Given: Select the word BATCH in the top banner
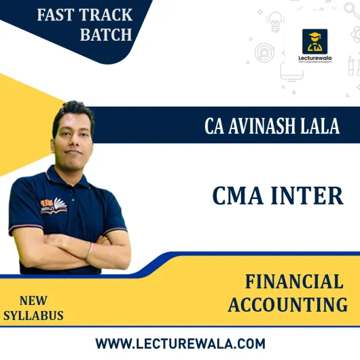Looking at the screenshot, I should pyautogui.click(x=105, y=35).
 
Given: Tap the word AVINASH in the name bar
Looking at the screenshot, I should pyautogui.click(x=265, y=126).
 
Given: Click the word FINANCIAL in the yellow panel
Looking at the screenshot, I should pyautogui.click(x=294, y=282).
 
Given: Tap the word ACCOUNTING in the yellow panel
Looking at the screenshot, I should pyautogui.click(x=287, y=306).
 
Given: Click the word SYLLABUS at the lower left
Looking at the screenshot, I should pyautogui.click(x=34, y=315).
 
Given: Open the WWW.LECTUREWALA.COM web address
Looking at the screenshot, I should pyautogui.click(x=180, y=343).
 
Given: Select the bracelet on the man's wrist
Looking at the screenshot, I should pyautogui.click(x=90, y=251).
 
